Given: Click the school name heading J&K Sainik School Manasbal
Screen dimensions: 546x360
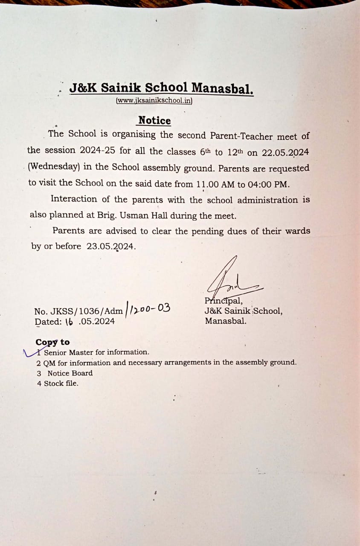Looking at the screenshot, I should pos(161,88).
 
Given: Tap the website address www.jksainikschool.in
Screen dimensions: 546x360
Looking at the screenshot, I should pos(154,101).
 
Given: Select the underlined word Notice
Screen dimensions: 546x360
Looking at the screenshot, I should pos(154,121).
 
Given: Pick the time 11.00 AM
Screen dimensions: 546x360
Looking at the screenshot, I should pos(215,184).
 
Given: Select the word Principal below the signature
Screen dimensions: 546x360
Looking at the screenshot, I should pos(224,301).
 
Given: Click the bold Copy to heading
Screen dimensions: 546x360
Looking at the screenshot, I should pos(52,342).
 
